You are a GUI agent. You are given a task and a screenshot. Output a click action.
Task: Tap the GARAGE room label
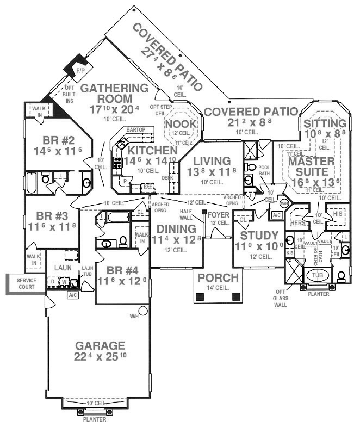tap(100, 345)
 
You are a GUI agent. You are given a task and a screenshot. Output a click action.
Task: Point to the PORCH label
tap(218, 278)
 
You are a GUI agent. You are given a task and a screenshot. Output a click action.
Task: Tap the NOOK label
tap(176, 125)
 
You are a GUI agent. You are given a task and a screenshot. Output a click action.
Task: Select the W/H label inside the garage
tap(134, 315)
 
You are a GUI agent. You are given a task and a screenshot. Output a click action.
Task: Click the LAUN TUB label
tap(87, 270)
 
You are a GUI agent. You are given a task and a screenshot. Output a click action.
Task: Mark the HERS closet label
tap(298, 223)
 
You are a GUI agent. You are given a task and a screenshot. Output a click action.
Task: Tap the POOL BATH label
tap(264, 170)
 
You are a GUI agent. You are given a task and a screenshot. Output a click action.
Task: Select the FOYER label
tap(219, 214)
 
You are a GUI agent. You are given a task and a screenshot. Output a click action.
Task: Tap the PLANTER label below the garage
tap(94, 420)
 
